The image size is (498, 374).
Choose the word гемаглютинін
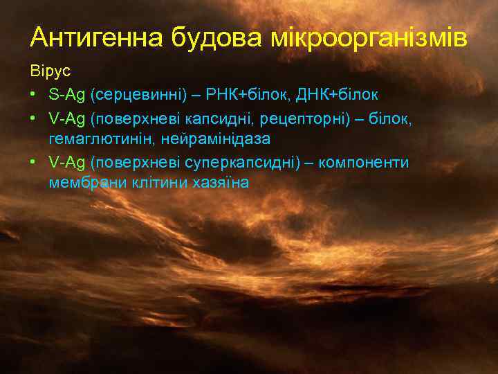[102, 139]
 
